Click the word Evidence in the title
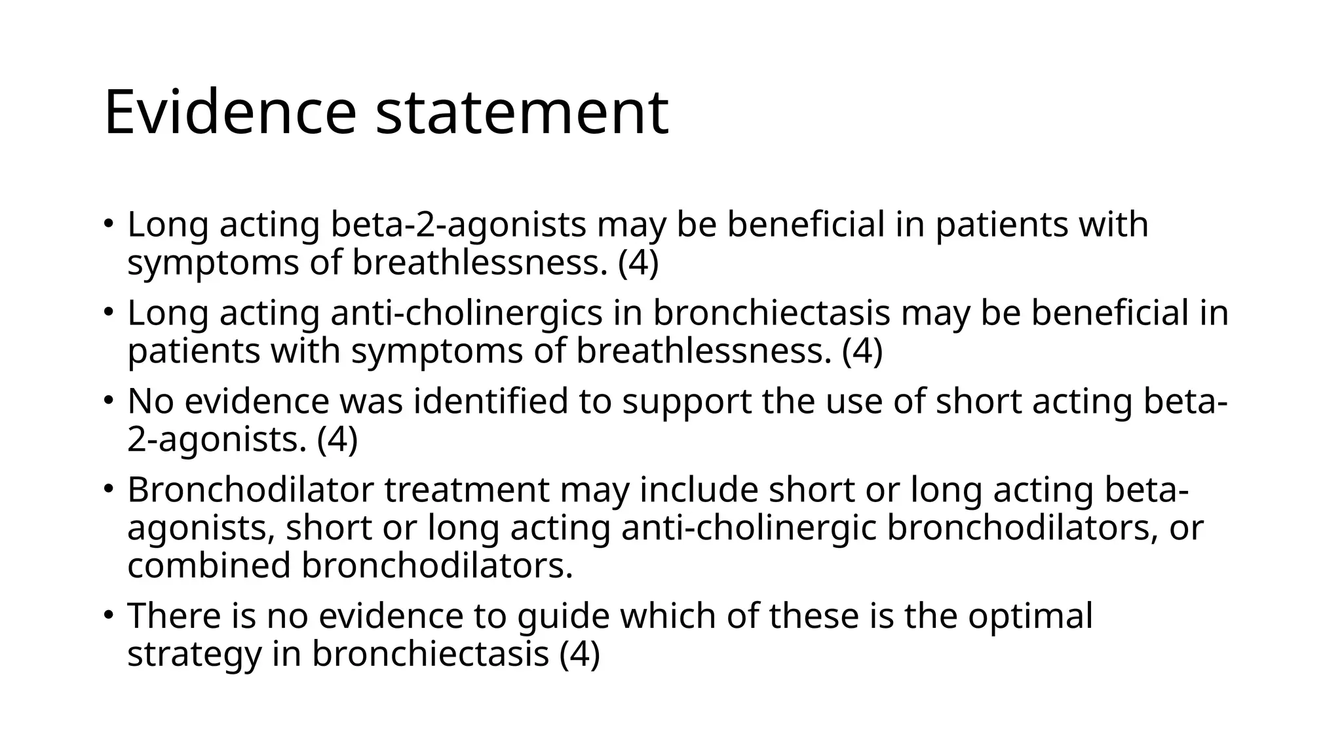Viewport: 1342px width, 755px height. click(x=229, y=113)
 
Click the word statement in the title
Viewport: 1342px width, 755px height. click(x=522, y=113)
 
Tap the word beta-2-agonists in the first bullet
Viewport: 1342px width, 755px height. click(x=458, y=224)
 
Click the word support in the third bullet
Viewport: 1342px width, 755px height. click(x=686, y=401)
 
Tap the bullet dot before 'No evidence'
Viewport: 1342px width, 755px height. click(x=109, y=400)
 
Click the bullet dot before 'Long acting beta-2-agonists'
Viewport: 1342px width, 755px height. click(x=109, y=223)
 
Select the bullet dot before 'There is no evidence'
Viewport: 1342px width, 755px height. click(x=109, y=614)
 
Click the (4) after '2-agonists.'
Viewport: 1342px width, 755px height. click(x=337, y=439)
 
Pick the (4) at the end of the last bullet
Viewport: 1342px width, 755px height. click(x=580, y=653)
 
